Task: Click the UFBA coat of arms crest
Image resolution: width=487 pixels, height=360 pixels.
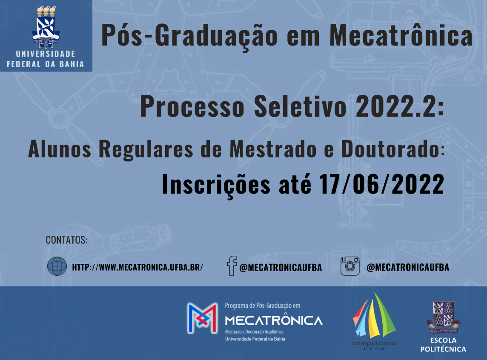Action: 46,27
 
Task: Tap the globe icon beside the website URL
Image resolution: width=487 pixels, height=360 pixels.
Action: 57,266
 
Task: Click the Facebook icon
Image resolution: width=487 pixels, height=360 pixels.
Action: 232,266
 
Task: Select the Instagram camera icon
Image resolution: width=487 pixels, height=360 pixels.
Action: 350,266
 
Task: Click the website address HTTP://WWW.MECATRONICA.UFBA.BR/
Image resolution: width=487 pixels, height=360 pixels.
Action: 138,267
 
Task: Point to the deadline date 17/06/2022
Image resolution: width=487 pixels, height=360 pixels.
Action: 382,184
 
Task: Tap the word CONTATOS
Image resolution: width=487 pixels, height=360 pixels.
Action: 66,240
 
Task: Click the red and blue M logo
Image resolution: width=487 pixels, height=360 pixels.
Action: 202,318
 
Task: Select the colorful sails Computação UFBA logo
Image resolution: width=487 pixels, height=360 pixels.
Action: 374,321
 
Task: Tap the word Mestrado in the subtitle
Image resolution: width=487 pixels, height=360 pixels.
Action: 273,149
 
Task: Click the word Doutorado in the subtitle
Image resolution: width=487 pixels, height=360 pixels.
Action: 391,149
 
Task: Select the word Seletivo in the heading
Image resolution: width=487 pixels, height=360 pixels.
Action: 300,106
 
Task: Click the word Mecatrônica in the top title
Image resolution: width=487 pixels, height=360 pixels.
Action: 401,35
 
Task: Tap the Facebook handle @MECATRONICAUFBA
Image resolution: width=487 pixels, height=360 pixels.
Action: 281,268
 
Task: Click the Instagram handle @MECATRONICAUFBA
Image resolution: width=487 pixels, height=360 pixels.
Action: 408,268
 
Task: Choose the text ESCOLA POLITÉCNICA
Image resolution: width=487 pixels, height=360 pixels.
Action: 443,345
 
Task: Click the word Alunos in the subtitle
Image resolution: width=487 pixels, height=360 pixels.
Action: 60,149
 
